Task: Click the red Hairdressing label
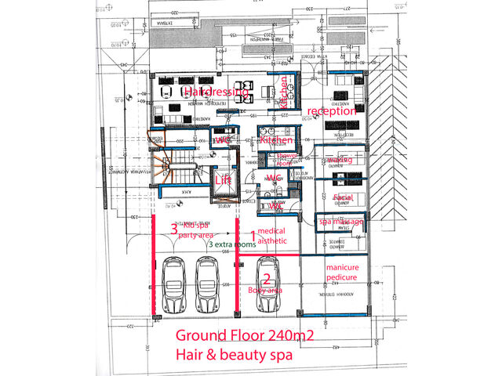[x=215, y=92]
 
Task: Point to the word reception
[x=331, y=111]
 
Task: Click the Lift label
[x=223, y=179]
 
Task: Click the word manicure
[x=343, y=267]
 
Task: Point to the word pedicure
[x=343, y=277]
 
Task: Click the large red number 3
[x=174, y=229]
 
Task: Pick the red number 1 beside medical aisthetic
[x=253, y=233]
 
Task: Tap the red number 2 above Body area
[x=267, y=278]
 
